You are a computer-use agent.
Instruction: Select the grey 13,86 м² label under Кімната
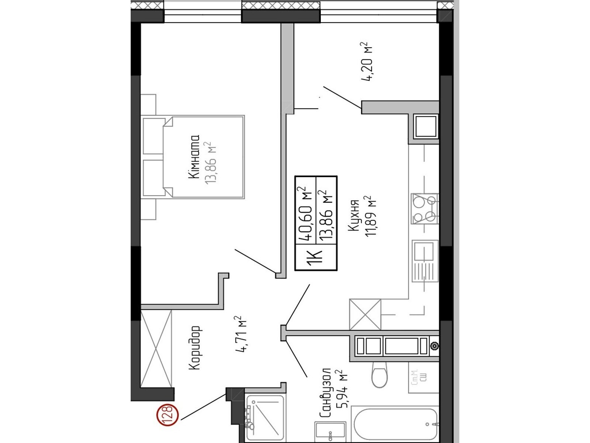[x=211, y=163]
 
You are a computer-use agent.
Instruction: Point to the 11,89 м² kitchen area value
[x=370, y=216]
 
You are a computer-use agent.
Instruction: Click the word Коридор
[x=194, y=348]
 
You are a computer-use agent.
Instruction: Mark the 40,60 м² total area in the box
[x=305, y=213]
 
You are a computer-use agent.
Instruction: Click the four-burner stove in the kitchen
[x=425, y=209]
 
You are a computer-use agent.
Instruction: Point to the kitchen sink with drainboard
[x=425, y=261]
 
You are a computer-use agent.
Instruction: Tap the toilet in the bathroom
[x=379, y=375]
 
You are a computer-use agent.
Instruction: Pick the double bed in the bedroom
[x=193, y=157]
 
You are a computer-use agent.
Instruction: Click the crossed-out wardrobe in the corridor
[x=156, y=348]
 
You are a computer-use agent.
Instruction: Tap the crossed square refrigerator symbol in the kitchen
[x=365, y=315]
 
